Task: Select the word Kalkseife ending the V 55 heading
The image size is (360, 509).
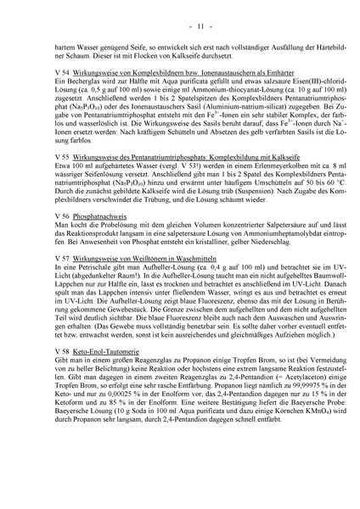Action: pos(286,182)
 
